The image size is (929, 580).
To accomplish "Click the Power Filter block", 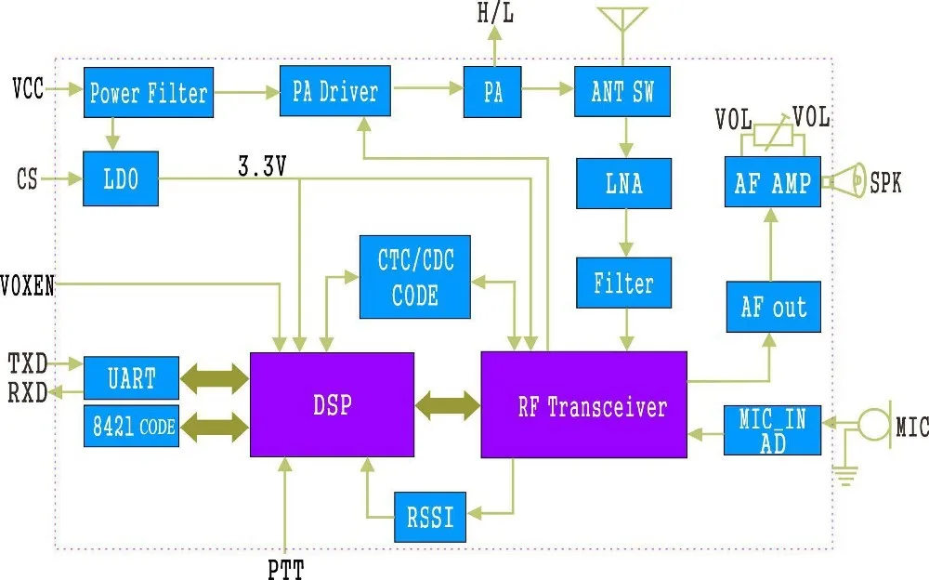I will (149, 92).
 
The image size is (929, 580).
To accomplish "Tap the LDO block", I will (121, 179).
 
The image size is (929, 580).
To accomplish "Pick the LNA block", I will (623, 183).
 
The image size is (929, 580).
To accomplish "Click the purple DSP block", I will (332, 404).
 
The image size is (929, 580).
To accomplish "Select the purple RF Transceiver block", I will (583, 405).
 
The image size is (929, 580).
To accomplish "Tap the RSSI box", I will (430, 517).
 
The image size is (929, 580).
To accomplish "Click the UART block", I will (131, 378).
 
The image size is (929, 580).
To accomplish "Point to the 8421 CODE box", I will (131, 427).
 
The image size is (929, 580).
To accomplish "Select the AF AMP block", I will (772, 182).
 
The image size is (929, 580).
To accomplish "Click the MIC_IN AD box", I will (773, 430).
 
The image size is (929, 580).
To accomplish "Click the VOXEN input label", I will (28, 285).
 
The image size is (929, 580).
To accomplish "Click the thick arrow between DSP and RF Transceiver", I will (448, 404).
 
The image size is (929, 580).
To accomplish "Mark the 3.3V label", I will (263, 166).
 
